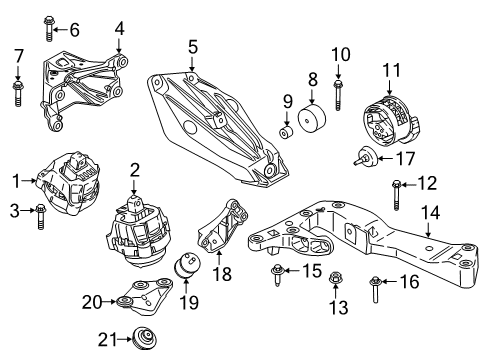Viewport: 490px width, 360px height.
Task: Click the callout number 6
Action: coord(74,29)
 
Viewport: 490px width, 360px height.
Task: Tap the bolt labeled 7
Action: coord(18,91)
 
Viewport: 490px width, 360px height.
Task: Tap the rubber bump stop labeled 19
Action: coord(186,272)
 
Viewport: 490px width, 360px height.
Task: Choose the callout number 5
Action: coord(193,45)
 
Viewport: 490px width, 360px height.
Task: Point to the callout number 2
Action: coord(134,170)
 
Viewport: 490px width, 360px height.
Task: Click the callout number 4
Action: coord(119,27)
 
